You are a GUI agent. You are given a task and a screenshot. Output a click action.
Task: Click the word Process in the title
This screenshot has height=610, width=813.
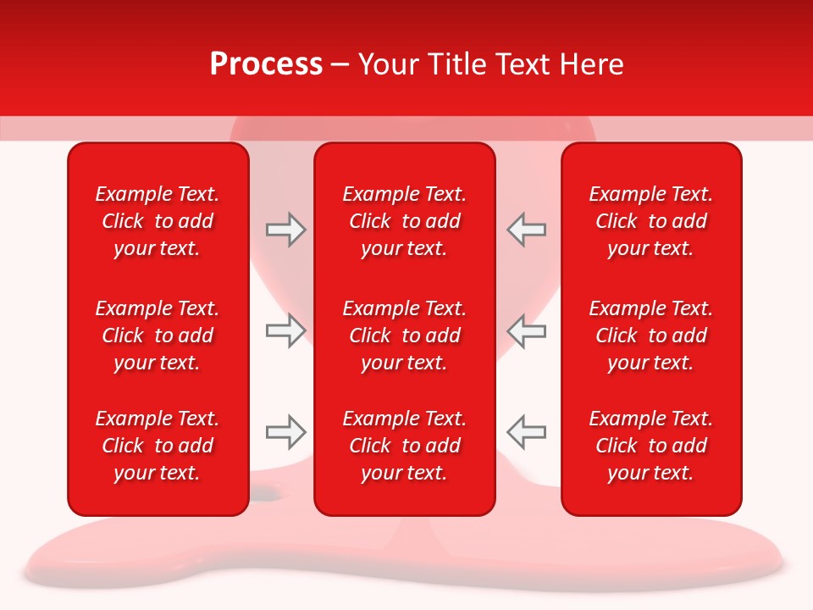point(266,64)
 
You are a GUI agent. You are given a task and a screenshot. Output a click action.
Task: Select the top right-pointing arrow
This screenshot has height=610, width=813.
point(285,230)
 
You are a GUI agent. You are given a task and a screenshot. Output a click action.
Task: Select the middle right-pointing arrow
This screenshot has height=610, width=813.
point(285,330)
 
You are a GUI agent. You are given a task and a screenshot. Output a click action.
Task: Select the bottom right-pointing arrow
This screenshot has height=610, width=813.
point(285,432)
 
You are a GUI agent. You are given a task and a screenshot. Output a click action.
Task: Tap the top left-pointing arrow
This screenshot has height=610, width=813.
point(527,230)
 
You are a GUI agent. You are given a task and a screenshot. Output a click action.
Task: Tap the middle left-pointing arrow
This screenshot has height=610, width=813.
point(527,330)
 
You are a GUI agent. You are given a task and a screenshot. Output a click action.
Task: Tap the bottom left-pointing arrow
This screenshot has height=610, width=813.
point(527,432)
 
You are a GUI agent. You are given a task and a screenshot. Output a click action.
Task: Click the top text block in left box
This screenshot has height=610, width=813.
point(158,221)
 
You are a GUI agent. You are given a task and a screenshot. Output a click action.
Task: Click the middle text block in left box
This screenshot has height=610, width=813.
point(158,335)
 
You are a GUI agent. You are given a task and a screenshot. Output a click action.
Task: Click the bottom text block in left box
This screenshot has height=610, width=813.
point(158,446)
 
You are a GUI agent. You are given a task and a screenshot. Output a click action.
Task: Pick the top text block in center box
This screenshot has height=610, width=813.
point(404,221)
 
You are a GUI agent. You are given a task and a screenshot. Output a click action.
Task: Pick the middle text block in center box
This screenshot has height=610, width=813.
point(404,335)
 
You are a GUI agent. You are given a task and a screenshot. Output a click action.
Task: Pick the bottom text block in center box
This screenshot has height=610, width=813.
point(404,446)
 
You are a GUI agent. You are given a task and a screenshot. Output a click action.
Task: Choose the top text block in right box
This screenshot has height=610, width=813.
point(650,221)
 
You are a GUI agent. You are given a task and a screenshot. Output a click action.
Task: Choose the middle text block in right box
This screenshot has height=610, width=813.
point(650,335)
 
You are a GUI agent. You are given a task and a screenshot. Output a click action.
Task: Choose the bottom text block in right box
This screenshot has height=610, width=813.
point(650,446)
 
